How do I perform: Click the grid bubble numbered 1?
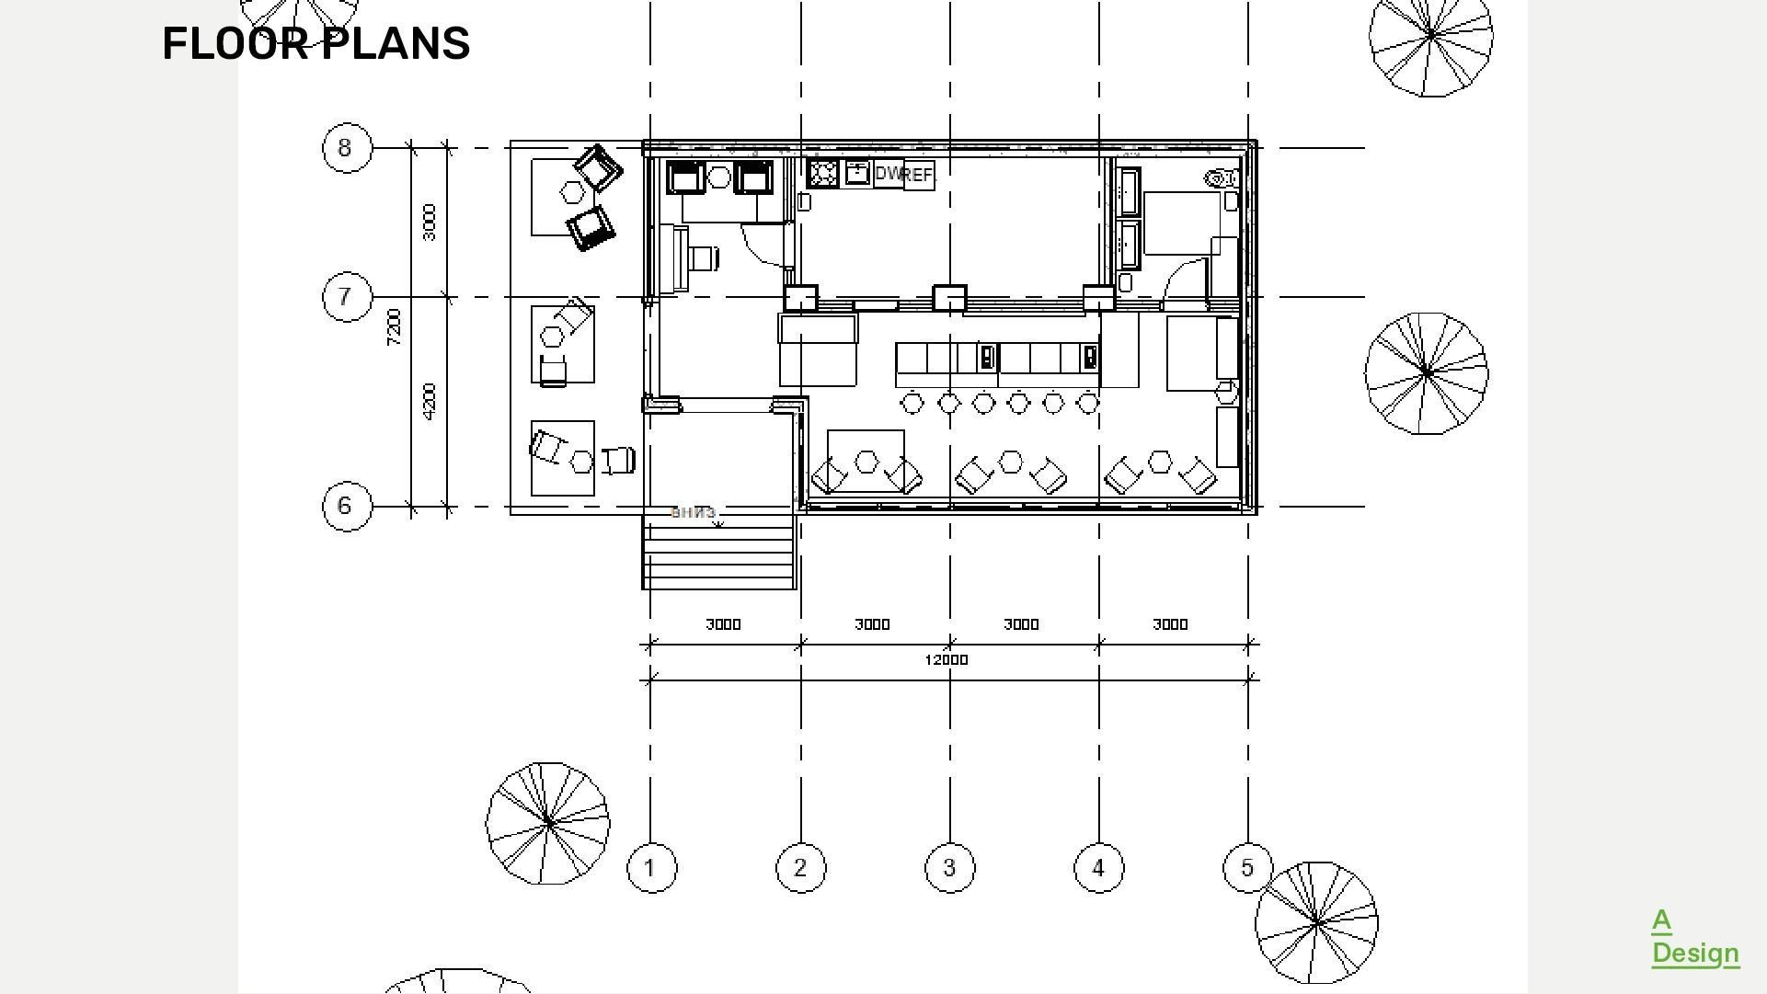pyautogui.click(x=651, y=867)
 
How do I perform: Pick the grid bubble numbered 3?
pyautogui.click(x=949, y=867)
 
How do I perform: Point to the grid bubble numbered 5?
pyautogui.click(x=1247, y=867)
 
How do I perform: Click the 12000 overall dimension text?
pyautogui.click(x=946, y=660)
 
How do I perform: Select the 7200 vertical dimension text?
pyautogui.click(x=395, y=327)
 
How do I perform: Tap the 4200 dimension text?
pyautogui.click(x=430, y=402)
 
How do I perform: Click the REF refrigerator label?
pyautogui.click(x=918, y=175)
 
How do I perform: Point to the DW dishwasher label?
pyautogui.click(x=888, y=173)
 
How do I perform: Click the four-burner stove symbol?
pyautogui.click(x=822, y=173)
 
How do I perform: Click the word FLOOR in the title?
pyautogui.click(x=235, y=43)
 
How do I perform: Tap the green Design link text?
pyautogui.click(x=1694, y=953)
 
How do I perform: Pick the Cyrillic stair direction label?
pyautogui.click(x=693, y=512)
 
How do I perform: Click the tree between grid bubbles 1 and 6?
pyautogui.click(x=547, y=822)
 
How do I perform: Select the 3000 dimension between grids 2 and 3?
pyautogui.click(x=872, y=624)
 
